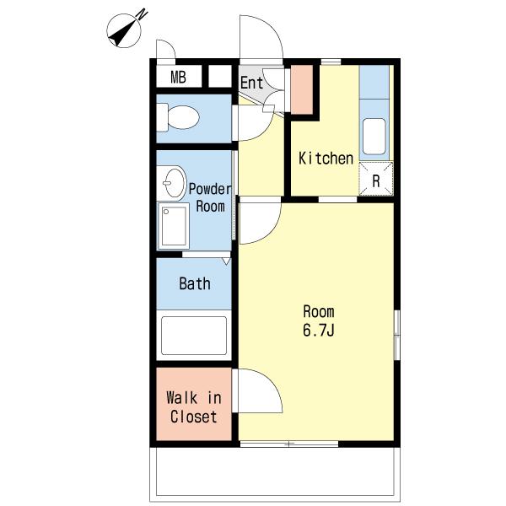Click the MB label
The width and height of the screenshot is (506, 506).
point(178,77)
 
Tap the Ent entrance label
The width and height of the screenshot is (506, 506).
point(251,83)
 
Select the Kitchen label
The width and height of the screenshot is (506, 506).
point(326,159)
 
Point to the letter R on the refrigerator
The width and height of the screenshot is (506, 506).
point(376,181)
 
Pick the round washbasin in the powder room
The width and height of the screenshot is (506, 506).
point(174,183)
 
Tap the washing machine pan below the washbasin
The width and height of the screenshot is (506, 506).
point(173,226)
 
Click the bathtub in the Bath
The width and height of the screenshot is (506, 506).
point(194,336)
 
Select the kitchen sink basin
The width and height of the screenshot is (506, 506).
point(374,137)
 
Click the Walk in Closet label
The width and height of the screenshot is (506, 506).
point(194,407)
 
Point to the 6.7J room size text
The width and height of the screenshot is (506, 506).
point(318,330)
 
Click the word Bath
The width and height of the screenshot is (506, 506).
point(195,283)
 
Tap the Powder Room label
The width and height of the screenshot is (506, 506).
point(210,197)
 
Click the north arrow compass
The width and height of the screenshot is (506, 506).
point(125,30)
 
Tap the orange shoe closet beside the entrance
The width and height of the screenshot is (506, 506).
point(302,89)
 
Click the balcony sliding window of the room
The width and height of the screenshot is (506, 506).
point(289,444)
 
